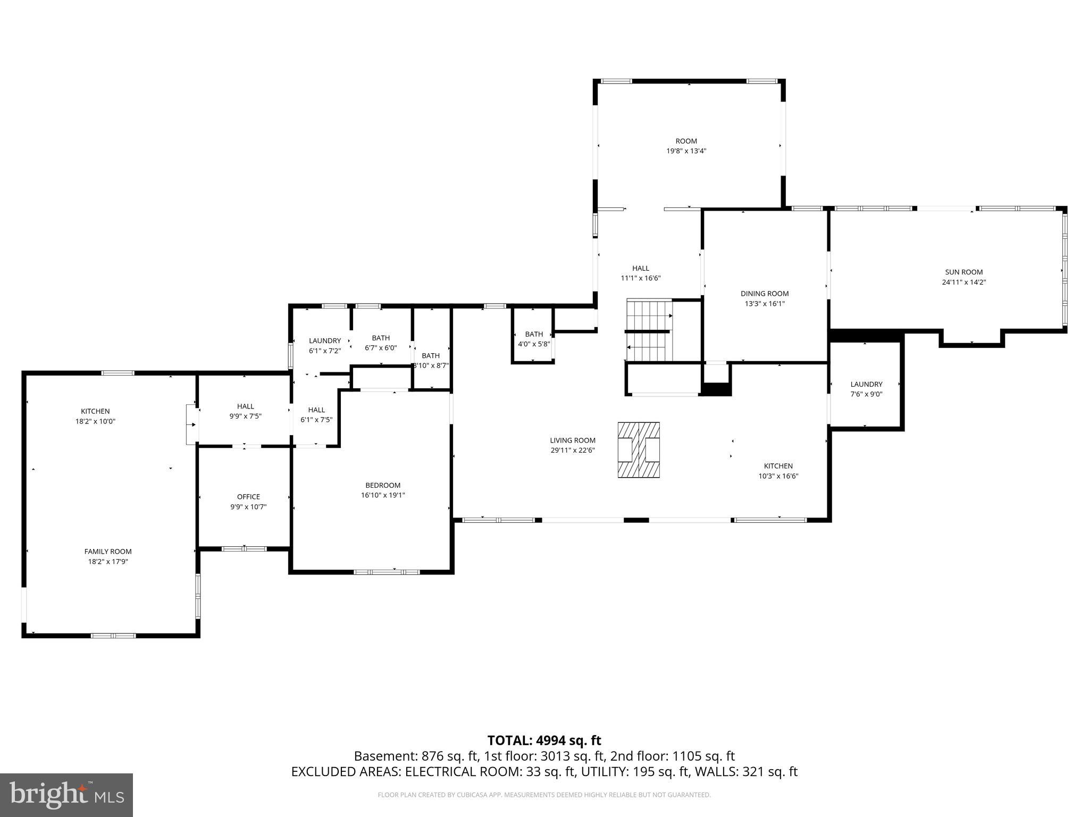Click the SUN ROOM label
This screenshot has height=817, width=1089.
[964, 272]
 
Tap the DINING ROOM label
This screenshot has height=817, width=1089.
[764, 294]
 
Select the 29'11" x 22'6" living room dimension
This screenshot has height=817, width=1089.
[572, 450]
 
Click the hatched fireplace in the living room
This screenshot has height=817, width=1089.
[638, 450]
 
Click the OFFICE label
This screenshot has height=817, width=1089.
[248, 497]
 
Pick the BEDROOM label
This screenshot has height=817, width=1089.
[382, 485]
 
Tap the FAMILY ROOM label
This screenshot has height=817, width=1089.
[107, 552]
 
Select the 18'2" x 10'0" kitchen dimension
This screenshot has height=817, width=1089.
[95, 421]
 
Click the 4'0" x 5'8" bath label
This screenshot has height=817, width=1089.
[534, 344]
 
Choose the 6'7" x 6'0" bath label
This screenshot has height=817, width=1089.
[381, 348]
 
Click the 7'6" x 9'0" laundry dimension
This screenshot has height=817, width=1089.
[866, 394]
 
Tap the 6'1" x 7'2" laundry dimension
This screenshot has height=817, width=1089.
[324, 351]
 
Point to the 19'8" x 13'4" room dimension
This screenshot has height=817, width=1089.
[686, 151]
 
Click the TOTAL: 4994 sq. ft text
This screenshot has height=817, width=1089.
[544, 740]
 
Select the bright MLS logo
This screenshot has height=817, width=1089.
[66, 795]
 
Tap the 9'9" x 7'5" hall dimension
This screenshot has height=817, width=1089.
[245, 416]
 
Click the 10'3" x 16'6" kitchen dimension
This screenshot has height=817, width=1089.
[778, 476]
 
